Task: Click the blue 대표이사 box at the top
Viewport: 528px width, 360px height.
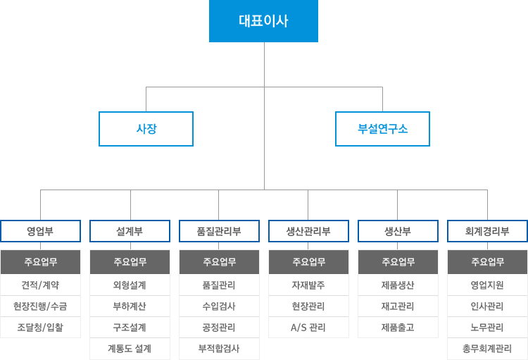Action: click(x=264, y=21)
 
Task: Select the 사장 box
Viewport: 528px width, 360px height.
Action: click(x=146, y=129)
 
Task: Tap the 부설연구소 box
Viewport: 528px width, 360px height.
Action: click(x=382, y=129)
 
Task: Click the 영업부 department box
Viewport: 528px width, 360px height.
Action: click(x=40, y=231)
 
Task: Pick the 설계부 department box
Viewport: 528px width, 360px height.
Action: click(x=130, y=231)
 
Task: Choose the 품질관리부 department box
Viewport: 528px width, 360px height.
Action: click(x=219, y=231)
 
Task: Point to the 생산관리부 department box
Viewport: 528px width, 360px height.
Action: click(x=308, y=231)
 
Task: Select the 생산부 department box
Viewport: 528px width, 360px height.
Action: click(x=398, y=231)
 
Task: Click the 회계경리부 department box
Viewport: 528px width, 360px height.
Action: click(x=487, y=231)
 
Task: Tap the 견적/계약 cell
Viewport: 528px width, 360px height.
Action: click(x=40, y=285)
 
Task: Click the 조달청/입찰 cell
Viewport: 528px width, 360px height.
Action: click(x=40, y=328)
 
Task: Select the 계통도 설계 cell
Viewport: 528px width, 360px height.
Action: click(x=130, y=349)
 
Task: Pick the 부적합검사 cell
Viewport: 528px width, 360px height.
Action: click(x=219, y=349)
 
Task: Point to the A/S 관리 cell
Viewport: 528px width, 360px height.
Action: click(x=308, y=328)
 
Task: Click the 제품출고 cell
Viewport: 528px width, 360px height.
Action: click(x=398, y=328)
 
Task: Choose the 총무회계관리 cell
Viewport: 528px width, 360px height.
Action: click(x=487, y=349)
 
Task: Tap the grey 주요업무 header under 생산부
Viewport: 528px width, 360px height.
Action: click(x=398, y=262)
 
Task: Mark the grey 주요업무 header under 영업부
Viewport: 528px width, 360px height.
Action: click(x=40, y=262)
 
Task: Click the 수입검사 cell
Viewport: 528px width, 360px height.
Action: click(x=219, y=306)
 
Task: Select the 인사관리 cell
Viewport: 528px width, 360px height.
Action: click(x=487, y=306)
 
